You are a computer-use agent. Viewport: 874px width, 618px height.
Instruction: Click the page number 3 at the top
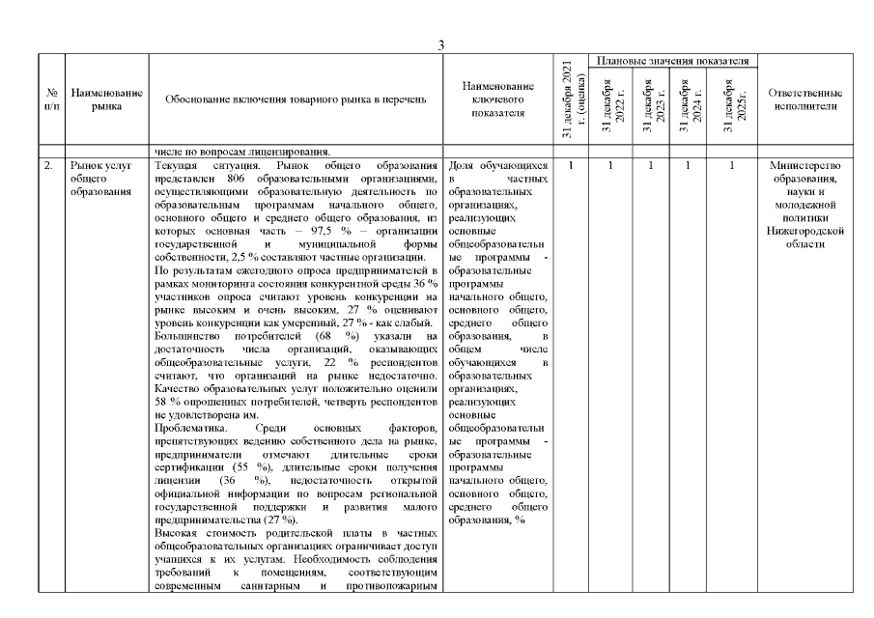click(x=440, y=45)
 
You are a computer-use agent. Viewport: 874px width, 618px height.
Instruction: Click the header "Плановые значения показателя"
click(x=673, y=61)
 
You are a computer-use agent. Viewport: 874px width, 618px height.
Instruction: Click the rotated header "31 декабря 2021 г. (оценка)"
click(x=572, y=103)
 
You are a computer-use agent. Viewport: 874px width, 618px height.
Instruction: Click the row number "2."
click(x=47, y=165)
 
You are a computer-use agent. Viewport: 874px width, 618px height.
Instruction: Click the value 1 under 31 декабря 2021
click(x=572, y=165)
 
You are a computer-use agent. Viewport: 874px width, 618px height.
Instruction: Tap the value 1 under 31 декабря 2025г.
click(x=732, y=165)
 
